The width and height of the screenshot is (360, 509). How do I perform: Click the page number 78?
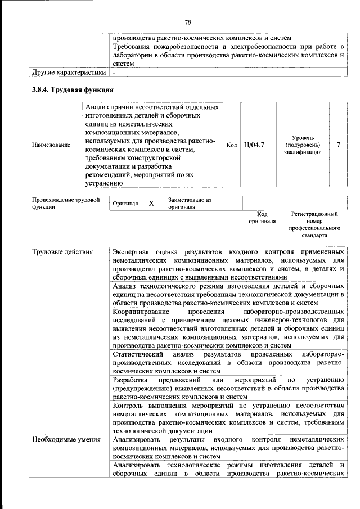(x=188, y=22)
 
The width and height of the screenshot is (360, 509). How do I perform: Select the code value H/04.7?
(x=254, y=145)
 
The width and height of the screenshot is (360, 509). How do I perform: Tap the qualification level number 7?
(x=338, y=145)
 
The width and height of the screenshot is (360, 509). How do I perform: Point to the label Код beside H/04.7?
(x=231, y=145)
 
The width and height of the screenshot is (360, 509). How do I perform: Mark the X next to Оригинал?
(x=151, y=203)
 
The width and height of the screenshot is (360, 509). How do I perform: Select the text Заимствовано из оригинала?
(x=189, y=203)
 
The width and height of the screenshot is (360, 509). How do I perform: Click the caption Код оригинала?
(x=262, y=218)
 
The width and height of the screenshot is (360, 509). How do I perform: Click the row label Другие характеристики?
(x=69, y=73)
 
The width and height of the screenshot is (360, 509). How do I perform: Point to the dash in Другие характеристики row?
(x=114, y=73)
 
